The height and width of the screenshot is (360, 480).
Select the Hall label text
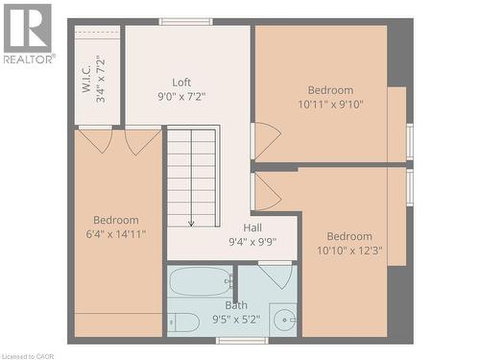(x=252, y=228)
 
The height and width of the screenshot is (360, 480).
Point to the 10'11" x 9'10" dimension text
(x=330, y=105)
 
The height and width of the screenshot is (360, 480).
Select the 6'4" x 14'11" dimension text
(x=115, y=233)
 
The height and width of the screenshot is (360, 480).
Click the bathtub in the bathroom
(x=201, y=282)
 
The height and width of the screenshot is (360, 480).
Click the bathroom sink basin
(x=284, y=320)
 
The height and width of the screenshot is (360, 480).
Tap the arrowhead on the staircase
(x=191, y=223)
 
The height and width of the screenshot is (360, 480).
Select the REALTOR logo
(x=28, y=35)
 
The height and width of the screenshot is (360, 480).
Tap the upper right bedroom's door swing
(x=266, y=140)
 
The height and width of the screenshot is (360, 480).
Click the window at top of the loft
(x=186, y=21)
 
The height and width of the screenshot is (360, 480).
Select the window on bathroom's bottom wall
(x=241, y=340)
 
